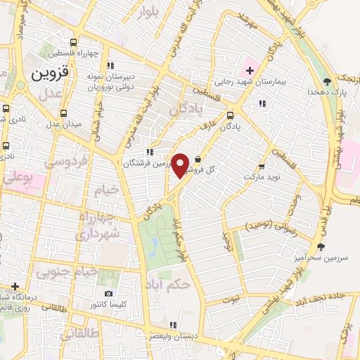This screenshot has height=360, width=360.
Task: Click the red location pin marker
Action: (x=181, y=165)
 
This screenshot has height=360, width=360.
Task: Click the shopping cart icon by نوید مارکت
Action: (x=262, y=167)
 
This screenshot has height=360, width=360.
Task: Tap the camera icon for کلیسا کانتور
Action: (x=108, y=294)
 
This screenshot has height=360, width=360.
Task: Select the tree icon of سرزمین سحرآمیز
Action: (x=321, y=246)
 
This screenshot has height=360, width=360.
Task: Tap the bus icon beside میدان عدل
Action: (x=64, y=113)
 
